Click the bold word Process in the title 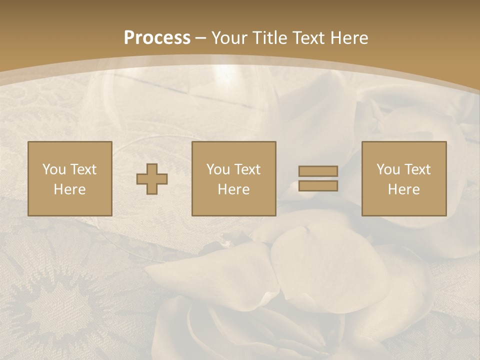tap(157, 38)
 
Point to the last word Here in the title tap(349, 38)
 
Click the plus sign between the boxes tap(152, 179)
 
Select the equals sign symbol tap(318, 179)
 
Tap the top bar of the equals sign tap(318, 171)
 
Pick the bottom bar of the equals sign tap(318, 186)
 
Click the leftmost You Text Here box tap(70, 179)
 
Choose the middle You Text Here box tap(234, 179)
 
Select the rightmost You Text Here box tap(404, 179)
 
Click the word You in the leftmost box tap(54, 169)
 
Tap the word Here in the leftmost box tap(70, 189)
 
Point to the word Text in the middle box tap(246, 169)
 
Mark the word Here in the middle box tap(234, 189)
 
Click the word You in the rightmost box tap(388, 169)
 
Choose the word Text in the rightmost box tap(416, 169)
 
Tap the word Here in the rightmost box tap(404, 189)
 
